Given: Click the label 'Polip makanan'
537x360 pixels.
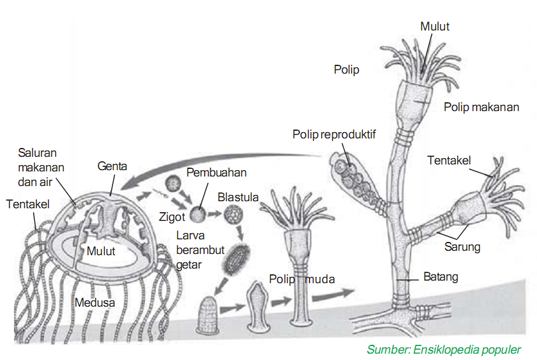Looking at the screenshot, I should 481,107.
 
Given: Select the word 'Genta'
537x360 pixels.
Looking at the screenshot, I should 112,166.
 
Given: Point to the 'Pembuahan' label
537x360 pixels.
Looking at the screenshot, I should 216,173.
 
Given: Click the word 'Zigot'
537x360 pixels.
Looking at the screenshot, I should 172,217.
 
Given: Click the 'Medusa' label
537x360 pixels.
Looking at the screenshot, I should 95,302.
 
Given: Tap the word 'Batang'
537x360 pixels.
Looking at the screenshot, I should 440,277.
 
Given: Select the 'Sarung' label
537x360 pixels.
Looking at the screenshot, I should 462,247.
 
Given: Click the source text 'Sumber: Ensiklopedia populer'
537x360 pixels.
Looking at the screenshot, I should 444,349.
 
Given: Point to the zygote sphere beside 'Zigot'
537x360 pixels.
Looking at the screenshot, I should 199,215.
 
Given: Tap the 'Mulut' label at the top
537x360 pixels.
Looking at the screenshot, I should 435,26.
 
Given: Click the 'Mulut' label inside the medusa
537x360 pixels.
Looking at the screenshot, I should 102,251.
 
